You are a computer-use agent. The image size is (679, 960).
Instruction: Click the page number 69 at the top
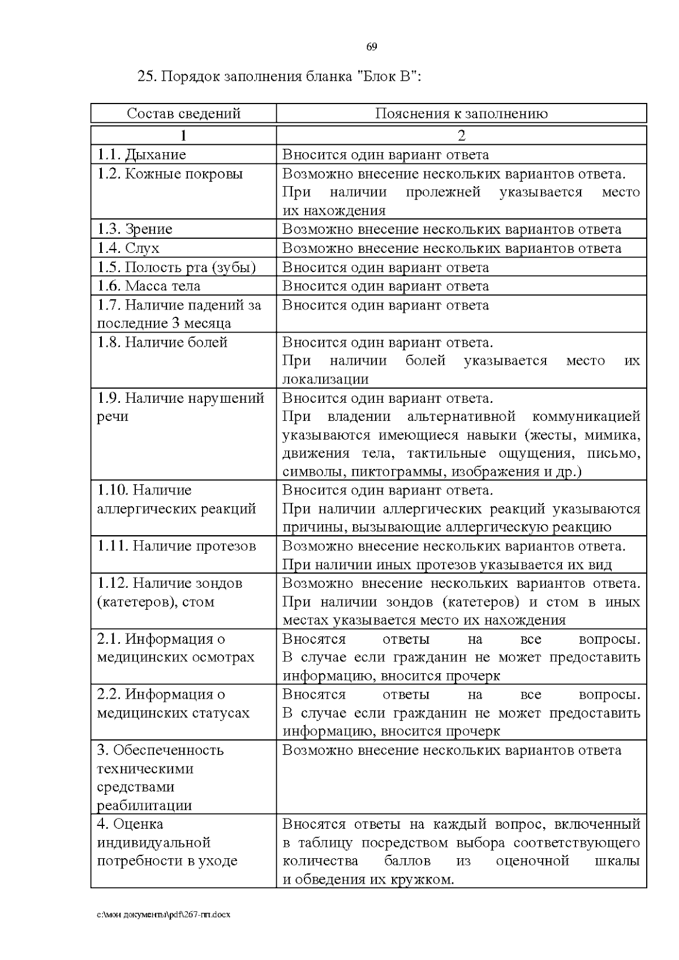371,47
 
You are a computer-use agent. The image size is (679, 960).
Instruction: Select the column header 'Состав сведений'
183,114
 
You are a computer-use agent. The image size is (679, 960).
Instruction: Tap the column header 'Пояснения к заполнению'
461,114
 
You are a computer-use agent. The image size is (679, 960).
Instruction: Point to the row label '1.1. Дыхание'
141,154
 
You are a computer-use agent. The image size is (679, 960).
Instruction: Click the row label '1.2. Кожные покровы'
170,174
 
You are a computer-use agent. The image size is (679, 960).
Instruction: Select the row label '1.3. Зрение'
135,229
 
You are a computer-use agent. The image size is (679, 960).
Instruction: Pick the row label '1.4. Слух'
128,248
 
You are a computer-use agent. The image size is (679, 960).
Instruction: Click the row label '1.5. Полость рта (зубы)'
177,267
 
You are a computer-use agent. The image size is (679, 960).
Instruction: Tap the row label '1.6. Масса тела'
149,286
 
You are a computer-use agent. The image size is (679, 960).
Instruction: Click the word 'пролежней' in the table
442,192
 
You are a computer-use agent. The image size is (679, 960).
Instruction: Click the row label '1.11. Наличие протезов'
177,546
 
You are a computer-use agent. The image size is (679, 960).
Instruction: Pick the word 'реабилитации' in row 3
144,805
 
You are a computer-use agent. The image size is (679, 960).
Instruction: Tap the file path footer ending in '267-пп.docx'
164,915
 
